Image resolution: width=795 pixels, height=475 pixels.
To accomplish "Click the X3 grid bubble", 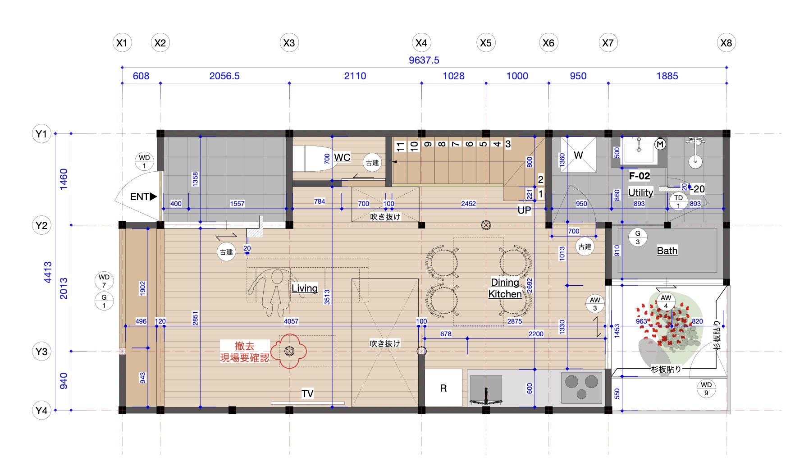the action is (289, 43).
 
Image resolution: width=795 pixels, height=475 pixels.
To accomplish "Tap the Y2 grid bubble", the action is (41, 225).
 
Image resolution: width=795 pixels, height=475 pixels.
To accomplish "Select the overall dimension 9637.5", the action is (424, 60).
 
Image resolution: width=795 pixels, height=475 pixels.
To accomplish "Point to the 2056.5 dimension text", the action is (224, 76).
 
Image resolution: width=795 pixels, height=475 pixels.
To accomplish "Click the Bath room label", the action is (667, 251).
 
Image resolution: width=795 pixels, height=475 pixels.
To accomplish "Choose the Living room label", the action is (305, 288).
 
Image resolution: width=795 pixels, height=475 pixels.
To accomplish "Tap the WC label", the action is (342, 157).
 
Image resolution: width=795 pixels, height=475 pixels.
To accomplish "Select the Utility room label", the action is (640, 192).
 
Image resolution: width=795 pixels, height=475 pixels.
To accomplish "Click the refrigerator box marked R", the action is (443, 388).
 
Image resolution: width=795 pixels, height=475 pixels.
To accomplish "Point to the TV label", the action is (307, 393).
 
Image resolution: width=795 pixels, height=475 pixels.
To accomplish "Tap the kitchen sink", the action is (486, 388).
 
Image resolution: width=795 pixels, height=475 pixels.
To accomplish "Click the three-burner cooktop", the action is (581, 388).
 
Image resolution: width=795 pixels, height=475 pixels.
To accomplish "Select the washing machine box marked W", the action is (578, 155).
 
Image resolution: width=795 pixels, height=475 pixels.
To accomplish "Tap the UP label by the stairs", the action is (524, 210).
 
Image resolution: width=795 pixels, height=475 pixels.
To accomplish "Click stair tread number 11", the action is (400, 146).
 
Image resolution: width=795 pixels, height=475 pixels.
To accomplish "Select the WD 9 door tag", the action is (706, 388).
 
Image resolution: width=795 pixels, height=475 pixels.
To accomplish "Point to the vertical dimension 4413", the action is (48, 272).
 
